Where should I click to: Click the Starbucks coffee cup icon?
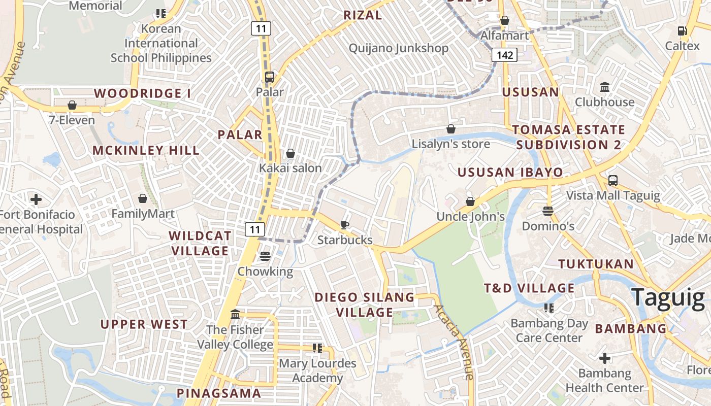click(345, 225)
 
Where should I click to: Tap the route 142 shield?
click(504, 55)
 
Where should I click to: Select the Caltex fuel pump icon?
click(683, 31)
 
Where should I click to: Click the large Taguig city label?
click(668, 297)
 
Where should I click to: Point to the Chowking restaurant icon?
click(265, 257)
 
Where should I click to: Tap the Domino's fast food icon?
click(547, 211)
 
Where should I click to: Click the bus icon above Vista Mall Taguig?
click(613, 181)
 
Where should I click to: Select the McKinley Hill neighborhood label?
click(146, 150)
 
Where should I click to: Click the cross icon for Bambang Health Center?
click(604, 359)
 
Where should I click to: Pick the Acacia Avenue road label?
click(454, 342)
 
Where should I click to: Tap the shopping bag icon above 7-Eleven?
click(72, 106)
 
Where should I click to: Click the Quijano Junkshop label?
click(398, 48)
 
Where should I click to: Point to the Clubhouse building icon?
click(604, 87)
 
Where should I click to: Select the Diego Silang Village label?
click(365, 304)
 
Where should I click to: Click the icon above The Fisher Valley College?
click(235, 315)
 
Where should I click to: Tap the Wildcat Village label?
click(200, 243)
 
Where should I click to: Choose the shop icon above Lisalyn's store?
click(450, 129)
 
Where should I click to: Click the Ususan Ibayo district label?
click(510, 172)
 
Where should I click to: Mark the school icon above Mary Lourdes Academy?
click(317, 348)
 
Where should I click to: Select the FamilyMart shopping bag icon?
click(143, 198)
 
